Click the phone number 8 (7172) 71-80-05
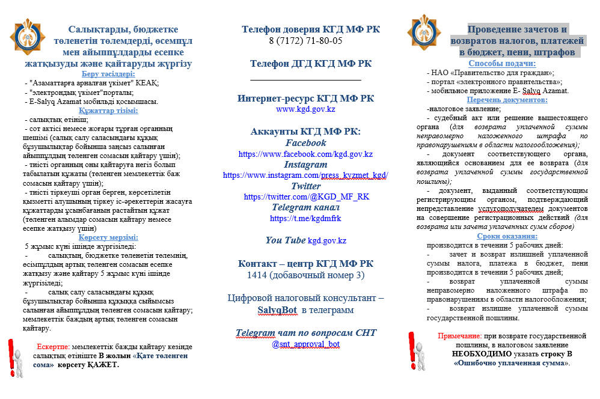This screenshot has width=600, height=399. tap(305, 41)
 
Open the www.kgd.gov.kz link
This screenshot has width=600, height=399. tap(305, 110)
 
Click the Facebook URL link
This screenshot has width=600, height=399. tap(305, 154)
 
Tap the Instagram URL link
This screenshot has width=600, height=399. tap(305, 175)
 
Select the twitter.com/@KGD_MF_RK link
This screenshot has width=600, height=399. tap(305, 196)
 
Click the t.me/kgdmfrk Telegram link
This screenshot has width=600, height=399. tap(305, 218)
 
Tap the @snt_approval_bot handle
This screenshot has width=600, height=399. tap(305, 344)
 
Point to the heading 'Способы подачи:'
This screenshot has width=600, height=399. tap(501, 64)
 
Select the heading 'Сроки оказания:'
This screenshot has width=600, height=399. tap(503, 236)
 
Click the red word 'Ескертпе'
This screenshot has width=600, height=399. tap(54, 347)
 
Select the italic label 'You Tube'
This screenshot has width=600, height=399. tap(286, 240)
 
